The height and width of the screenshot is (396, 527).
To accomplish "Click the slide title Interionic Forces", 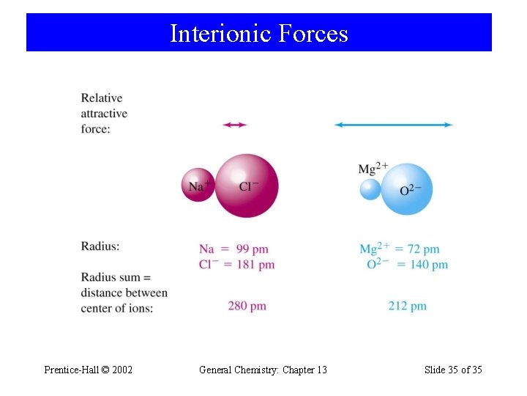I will tap(258, 34).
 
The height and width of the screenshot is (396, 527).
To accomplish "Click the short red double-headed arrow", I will tap(234, 125).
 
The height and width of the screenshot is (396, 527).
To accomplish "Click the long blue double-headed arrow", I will tap(393, 125).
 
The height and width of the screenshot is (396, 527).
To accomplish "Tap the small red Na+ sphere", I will tap(198, 186).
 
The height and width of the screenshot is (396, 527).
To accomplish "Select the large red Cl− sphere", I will tap(247, 186).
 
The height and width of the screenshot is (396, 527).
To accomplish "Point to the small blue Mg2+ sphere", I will tap(370, 190).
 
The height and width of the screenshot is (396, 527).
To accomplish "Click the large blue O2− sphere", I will tap(408, 189).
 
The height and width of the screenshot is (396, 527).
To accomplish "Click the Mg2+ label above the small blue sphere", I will tap(373, 169).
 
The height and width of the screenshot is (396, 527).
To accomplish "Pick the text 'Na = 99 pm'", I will tap(228, 249).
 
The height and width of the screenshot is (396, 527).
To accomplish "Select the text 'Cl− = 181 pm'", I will tap(236, 264).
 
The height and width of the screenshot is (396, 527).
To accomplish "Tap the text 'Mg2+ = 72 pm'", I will tap(399, 249).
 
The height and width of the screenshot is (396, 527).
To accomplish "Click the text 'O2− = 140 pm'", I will tap(407, 264).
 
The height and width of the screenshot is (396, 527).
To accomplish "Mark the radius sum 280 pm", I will tap(247, 306).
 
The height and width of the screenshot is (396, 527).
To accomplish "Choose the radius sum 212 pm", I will tap(407, 306).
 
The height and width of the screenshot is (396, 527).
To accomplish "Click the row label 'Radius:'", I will tap(100, 246).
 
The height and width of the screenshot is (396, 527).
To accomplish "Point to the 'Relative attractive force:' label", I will tap(104, 114).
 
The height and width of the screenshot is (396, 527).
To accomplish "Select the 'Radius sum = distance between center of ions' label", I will tap(124, 293).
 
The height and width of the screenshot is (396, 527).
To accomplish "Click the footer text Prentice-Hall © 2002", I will tap(89, 370).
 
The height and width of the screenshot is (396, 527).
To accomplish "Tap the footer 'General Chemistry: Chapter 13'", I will tap(263, 370).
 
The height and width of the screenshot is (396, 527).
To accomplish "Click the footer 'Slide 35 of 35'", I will tap(453, 370).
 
